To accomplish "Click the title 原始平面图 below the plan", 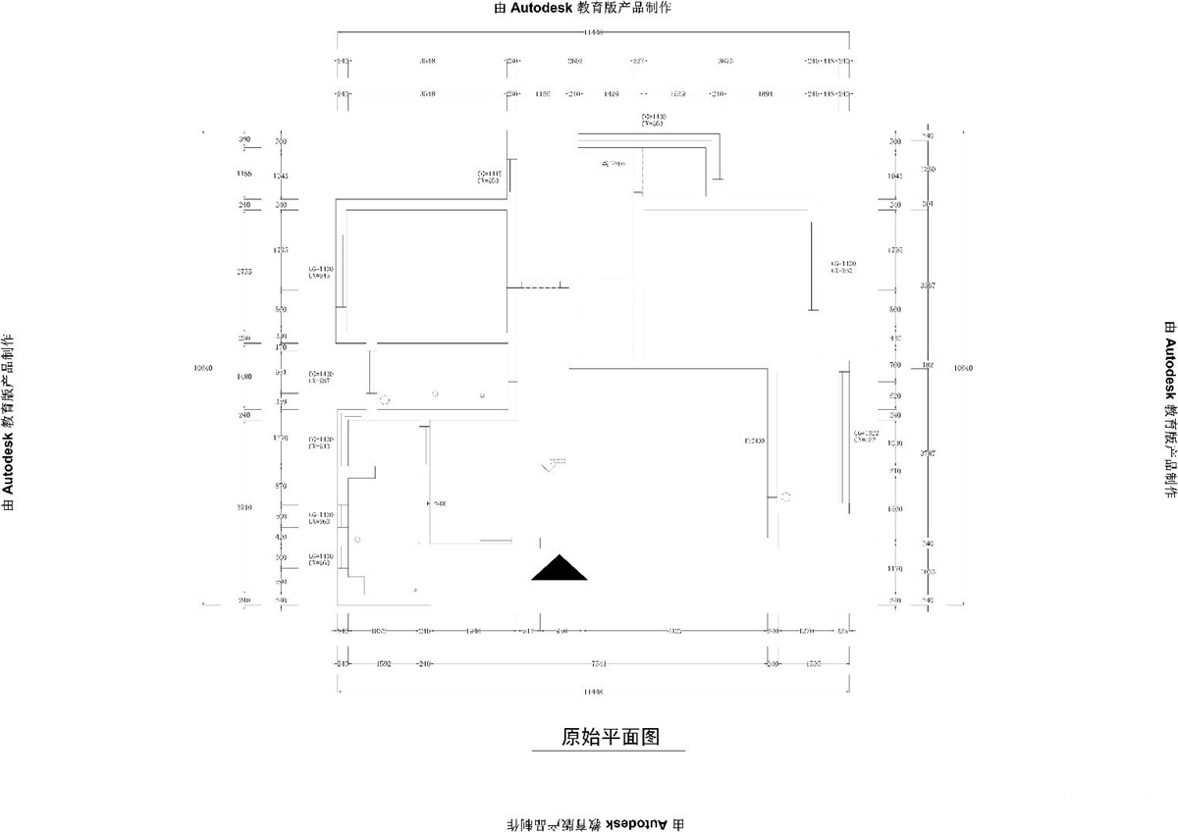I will click(x=607, y=737).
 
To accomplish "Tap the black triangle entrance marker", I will click(x=560, y=568).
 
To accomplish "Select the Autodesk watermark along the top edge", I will click(x=589, y=8).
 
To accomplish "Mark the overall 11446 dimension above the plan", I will click(x=592, y=32).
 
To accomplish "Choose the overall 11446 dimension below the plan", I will click(x=592, y=692).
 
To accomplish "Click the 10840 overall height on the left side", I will click(x=204, y=369).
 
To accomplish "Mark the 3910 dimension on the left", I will click(x=244, y=507).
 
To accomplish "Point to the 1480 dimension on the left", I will click(x=244, y=377).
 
